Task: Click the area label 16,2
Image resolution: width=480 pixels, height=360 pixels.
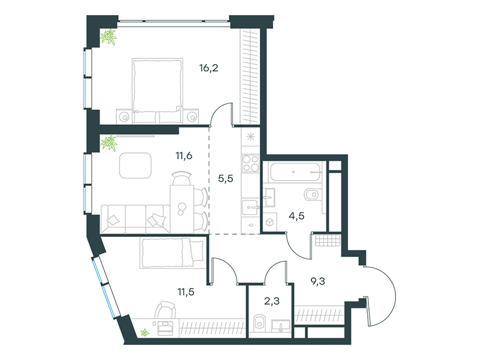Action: [209, 68]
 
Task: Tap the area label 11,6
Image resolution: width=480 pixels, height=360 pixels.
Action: [184, 156]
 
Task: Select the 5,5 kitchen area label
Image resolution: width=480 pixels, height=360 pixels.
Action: [226, 178]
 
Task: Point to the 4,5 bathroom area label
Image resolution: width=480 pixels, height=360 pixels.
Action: [296, 216]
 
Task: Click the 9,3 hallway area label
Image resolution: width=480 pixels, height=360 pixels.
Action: [318, 281]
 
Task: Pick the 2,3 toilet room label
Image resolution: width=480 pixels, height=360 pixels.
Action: [272, 301]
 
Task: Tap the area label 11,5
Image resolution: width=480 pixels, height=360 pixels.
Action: [186, 292]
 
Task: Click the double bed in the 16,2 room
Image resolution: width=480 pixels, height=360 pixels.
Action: [157, 91]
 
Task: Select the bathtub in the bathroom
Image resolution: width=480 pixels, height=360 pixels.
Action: [295, 172]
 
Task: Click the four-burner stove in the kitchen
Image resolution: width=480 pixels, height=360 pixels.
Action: [250, 163]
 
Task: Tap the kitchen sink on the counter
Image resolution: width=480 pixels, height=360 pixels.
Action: [250, 208]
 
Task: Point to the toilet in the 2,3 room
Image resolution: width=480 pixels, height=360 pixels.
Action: [260, 323]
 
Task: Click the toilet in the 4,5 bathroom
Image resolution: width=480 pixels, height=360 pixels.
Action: [311, 194]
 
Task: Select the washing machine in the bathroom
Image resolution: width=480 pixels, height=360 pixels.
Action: [269, 222]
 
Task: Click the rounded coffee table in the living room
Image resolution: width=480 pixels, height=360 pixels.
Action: [136, 166]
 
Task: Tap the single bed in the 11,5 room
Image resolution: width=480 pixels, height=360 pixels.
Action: [173, 253]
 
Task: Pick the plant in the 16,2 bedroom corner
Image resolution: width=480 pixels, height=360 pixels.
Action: [109, 37]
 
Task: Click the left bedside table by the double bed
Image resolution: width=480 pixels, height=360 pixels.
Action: [124, 116]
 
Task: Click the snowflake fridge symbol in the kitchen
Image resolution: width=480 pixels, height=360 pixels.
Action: [250, 137]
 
